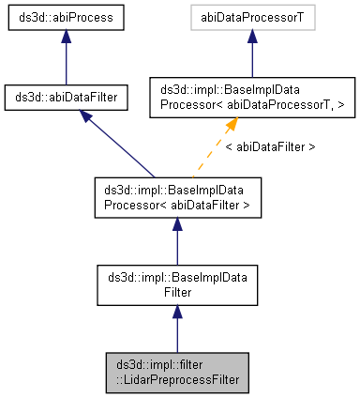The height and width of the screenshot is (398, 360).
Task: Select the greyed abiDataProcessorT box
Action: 249,19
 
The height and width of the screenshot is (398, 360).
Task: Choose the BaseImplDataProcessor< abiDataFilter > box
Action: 177,198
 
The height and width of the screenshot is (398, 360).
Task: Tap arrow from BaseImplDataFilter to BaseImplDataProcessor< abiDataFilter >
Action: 177,242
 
